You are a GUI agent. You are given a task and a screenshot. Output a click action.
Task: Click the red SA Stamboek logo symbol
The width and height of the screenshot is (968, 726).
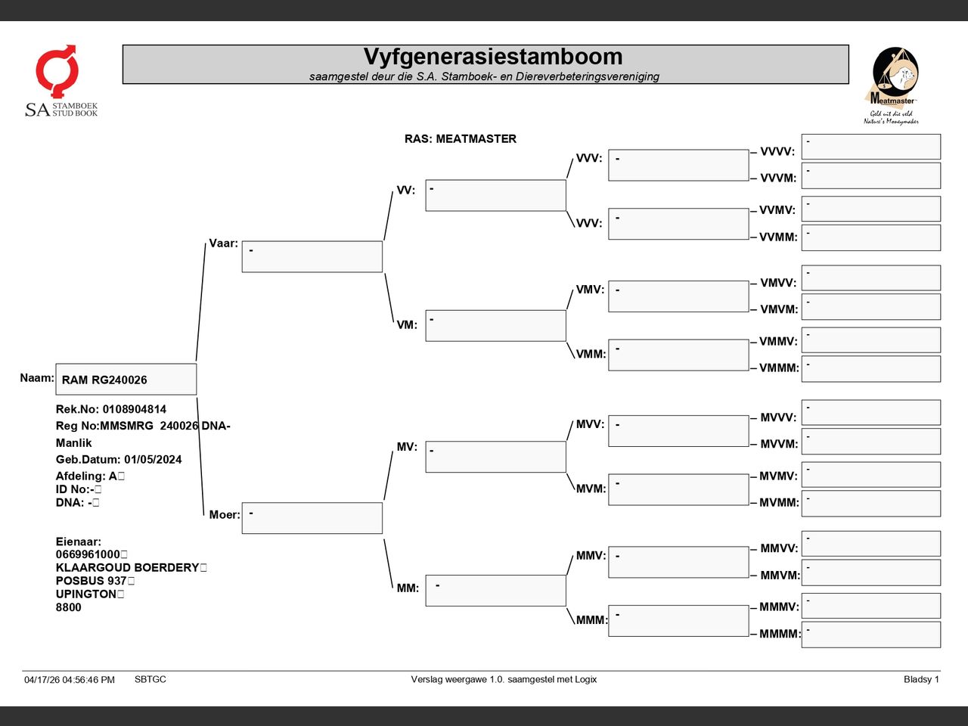57,70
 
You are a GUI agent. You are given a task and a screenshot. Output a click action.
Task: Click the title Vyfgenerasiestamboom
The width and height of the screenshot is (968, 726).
492,57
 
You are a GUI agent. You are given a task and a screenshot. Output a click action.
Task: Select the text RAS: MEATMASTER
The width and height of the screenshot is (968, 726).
460,139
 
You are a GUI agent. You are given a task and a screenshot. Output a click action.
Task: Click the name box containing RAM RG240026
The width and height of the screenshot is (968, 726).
126,379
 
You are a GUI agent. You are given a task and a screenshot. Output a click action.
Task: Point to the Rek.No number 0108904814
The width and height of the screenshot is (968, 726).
135,409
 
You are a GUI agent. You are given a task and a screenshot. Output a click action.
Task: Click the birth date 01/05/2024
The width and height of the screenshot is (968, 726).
153,459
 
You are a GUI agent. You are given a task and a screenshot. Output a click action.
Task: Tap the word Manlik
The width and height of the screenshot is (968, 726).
73,442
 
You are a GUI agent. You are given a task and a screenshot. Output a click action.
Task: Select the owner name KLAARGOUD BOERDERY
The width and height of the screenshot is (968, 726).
128,567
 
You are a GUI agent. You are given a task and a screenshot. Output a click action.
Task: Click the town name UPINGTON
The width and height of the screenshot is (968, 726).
86,594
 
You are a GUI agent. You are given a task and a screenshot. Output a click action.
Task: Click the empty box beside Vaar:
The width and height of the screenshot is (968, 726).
312,256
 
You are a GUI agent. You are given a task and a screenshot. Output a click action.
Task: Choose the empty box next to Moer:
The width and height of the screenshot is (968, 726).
312,518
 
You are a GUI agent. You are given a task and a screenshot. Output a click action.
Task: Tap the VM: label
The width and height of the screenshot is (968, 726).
407,325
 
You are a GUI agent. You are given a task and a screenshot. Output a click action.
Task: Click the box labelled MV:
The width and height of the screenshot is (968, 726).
495,457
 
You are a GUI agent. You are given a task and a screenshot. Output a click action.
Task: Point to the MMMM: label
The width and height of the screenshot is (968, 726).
780,634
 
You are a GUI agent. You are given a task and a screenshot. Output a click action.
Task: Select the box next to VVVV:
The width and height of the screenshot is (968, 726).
871,147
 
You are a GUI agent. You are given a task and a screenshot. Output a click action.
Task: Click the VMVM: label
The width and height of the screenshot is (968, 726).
779,309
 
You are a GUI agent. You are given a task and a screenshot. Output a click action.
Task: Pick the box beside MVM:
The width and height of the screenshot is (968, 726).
678,489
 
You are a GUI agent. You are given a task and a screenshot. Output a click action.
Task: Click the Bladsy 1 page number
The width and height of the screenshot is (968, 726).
921,679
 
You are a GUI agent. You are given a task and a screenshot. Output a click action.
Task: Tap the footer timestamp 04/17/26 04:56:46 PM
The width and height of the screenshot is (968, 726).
70,680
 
